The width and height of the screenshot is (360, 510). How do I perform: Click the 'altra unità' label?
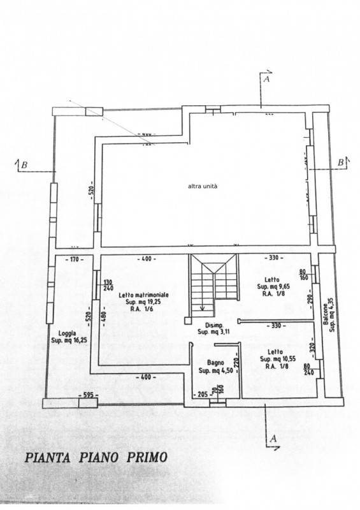click(x=203, y=186)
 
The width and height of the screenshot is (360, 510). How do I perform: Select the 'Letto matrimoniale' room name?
click(x=143, y=296)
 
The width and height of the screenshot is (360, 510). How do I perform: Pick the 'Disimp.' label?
click(x=208, y=324)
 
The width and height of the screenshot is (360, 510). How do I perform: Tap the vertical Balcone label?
click(x=324, y=315)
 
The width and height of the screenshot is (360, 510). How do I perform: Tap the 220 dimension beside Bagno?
click(x=235, y=365)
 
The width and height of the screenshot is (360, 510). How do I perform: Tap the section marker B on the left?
click(x=24, y=165)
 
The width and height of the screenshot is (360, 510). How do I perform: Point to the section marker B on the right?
click(x=341, y=163)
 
